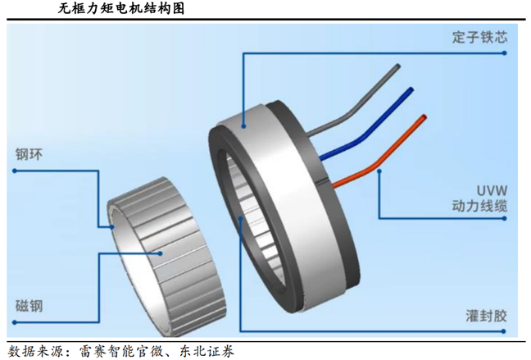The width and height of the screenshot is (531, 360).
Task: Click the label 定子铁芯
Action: pyautogui.click(x=480, y=37)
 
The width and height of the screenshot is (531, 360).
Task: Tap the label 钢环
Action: pyautogui.click(x=29, y=154)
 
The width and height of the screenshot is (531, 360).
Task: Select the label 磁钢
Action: pyautogui.click(x=29, y=306)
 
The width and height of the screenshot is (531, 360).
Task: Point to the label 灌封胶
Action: pyautogui.click(x=486, y=316)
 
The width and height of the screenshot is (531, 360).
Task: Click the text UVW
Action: pyautogui.click(x=492, y=190)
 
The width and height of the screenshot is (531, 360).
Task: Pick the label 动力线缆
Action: pyautogui.click(x=480, y=206)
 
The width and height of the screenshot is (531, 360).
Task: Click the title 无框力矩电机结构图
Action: pyautogui.click(x=121, y=8)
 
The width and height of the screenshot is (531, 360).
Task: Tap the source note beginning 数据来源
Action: pyautogui.click(x=121, y=351)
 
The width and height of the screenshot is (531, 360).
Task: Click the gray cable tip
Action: pyautogui.click(x=398, y=66)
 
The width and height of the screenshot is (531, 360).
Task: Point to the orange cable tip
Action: pyautogui.click(x=424, y=117)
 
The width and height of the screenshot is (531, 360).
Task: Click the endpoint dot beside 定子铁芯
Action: pyautogui.click(x=504, y=53)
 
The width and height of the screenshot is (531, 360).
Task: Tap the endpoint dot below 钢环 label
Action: pyautogui.click(x=15, y=171)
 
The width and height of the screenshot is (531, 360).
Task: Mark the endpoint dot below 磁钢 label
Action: pyautogui.click(x=15, y=322)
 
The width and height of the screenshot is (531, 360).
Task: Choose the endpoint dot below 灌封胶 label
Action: pyautogui.click(x=504, y=331)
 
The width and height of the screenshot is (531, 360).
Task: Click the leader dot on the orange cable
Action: pyautogui.click(x=379, y=171)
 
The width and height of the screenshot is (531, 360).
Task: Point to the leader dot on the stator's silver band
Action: pyautogui.click(x=243, y=126)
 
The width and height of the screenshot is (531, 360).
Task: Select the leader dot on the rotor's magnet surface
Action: pyautogui.click(x=161, y=253)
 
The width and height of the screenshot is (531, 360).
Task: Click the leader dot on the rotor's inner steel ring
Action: pyautogui.click(x=111, y=227)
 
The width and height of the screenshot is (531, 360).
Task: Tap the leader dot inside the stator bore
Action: pyautogui.click(x=240, y=219)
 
